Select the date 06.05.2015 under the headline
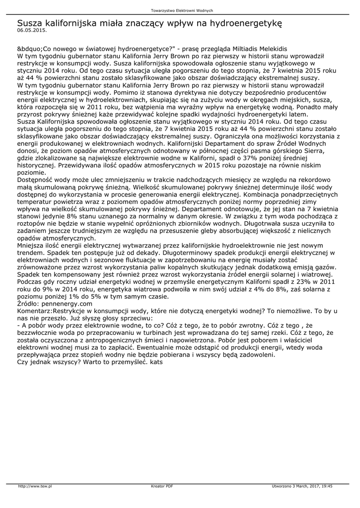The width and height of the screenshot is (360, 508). pyautogui.click(x=28, y=30)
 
